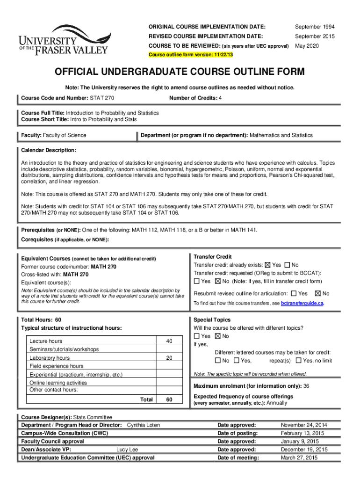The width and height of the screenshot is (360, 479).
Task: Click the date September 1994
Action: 314,26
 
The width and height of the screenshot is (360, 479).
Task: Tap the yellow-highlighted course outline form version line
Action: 190,55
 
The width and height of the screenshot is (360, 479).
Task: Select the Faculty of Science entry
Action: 65,135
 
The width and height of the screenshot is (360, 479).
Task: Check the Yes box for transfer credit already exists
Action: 268,265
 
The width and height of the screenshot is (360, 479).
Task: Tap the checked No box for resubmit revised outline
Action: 318,294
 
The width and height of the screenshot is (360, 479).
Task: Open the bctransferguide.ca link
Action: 302,304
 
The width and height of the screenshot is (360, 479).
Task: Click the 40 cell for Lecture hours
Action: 169,341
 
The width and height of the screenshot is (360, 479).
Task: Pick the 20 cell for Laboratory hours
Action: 169,358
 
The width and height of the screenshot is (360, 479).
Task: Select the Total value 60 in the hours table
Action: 169,399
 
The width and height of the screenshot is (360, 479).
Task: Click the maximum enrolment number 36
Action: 306,386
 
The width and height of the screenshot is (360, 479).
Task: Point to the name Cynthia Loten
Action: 144,425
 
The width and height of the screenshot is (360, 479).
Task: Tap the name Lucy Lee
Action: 127,450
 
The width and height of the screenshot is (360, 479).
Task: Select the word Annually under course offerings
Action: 277,403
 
